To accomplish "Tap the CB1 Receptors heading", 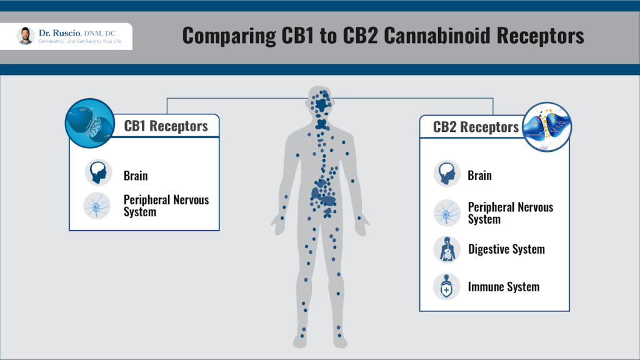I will (x=166, y=126).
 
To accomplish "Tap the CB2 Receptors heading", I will (x=476, y=127).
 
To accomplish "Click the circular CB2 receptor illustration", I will (x=548, y=127).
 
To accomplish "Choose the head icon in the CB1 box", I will (x=98, y=173).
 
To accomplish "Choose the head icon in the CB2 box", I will (x=447, y=173).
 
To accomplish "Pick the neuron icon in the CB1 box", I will (x=98, y=205).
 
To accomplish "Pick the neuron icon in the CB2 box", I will (x=447, y=212).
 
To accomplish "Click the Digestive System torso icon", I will (x=447, y=249).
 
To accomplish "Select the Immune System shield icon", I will (x=447, y=287).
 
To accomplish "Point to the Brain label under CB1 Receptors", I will (x=136, y=176).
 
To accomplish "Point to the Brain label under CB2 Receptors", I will (x=479, y=176).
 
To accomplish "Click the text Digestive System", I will (x=506, y=249).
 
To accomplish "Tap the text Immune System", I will (x=503, y=287).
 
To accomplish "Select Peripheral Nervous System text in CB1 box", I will (x=166, y=206).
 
